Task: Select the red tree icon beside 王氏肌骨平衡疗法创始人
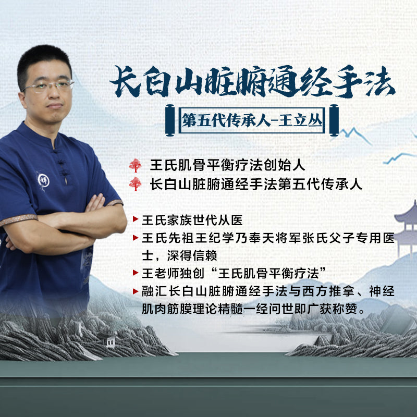pos(136,165)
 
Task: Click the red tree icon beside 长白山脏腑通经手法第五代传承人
pos(136,184)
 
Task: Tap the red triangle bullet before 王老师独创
pos(136,272)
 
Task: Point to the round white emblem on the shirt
pos(43,180)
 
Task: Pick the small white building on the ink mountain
pos(111,340)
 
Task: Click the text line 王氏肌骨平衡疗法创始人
pos(227,165)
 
